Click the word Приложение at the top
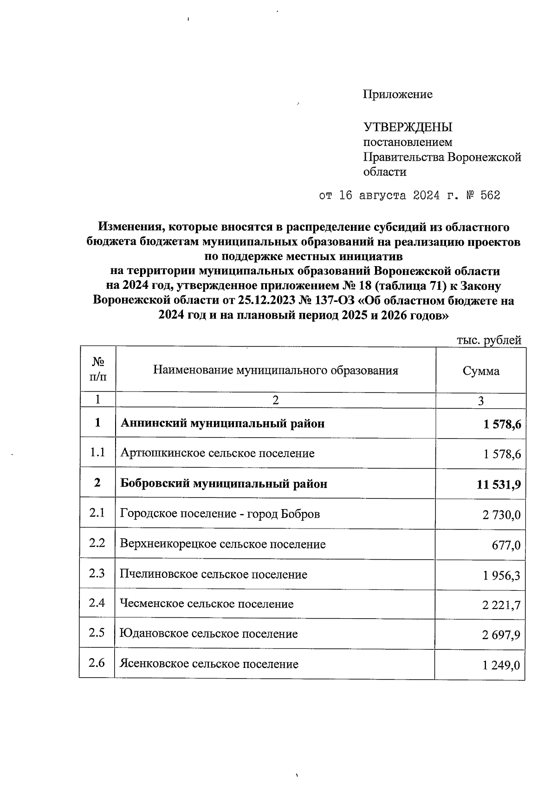(397, 95)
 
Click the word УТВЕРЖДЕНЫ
(408, 127)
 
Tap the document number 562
(490, 196)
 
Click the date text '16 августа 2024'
(389, 196)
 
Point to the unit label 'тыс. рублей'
(489, 340)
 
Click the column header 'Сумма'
(481, 371)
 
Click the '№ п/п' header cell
(97, 369)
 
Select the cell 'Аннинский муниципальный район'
(222, 424)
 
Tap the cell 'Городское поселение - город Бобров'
(220, 514)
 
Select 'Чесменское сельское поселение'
(207, 604)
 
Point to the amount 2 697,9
(501, 634)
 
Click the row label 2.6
(97, 662)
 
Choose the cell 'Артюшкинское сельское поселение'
(217, 453)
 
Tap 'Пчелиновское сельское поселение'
(214, 575)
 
